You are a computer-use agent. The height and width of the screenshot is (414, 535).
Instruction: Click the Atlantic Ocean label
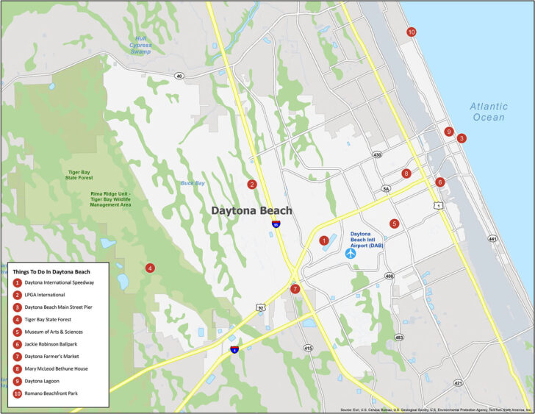pyautogui.click(x=489, y=112)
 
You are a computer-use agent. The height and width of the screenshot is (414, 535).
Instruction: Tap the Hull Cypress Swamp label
pyautogui.click(x=140, y=45)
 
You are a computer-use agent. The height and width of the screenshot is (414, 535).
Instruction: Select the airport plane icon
pyautogui.click(x=351, y=253)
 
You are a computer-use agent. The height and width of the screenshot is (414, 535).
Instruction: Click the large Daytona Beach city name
pyautogui.click(x=251, y=210)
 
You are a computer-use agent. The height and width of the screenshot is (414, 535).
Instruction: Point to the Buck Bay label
pyautogui.click(x=193, y=182)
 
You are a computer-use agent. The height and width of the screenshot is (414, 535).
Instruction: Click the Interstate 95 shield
pyautogui.click(x=276, y=223)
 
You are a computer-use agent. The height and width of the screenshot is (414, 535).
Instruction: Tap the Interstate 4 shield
pyautogui.click(x=234, y=349)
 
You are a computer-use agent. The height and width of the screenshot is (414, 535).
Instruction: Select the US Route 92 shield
pyautogui.click(x=261, y=306)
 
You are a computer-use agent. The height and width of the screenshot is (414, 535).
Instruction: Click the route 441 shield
pyautogui.click(x=492, y=239)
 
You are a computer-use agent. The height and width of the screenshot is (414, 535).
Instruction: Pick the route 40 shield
pyautogui.click(x=179, y=76)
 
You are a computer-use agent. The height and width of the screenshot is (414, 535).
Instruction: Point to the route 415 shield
pyautogui.click(x=308, y=348)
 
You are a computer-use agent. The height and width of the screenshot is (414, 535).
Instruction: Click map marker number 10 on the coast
pyautogui.click(x=411, y=32)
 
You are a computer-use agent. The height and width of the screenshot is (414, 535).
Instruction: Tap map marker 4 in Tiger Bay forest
pyautogui.click(x=150, y=268)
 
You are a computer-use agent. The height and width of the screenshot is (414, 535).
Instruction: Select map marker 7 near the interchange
pyautogui.click(x=295, y=289)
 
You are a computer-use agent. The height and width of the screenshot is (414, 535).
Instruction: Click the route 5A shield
pyautogui.click(x=386, y=188)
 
